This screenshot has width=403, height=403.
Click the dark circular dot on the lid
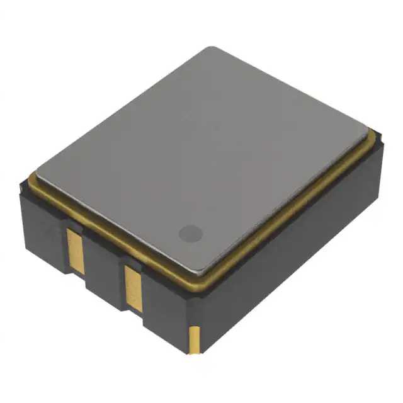coord(190,234)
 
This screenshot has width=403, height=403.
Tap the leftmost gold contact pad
coord(76,250)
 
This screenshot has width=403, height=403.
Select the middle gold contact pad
coord(133,288)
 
